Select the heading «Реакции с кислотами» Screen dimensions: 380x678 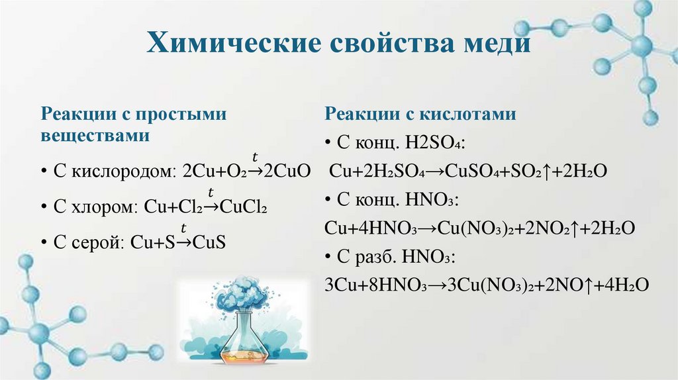tap(420, 114)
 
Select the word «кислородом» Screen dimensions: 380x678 tap(122, 171)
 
